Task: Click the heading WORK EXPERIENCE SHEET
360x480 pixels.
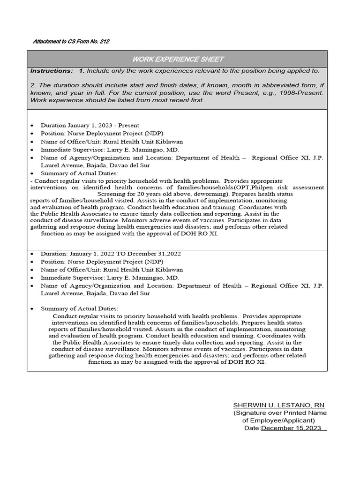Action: click(178, 59)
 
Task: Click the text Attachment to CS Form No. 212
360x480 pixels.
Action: click(71, 42)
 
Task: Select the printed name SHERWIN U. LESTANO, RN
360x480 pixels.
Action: click(278, 405)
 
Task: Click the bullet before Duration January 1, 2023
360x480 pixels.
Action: click(31, 126)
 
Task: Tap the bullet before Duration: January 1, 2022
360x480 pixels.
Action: click(31, 254)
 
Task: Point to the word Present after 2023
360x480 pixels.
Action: click(128, 126)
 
